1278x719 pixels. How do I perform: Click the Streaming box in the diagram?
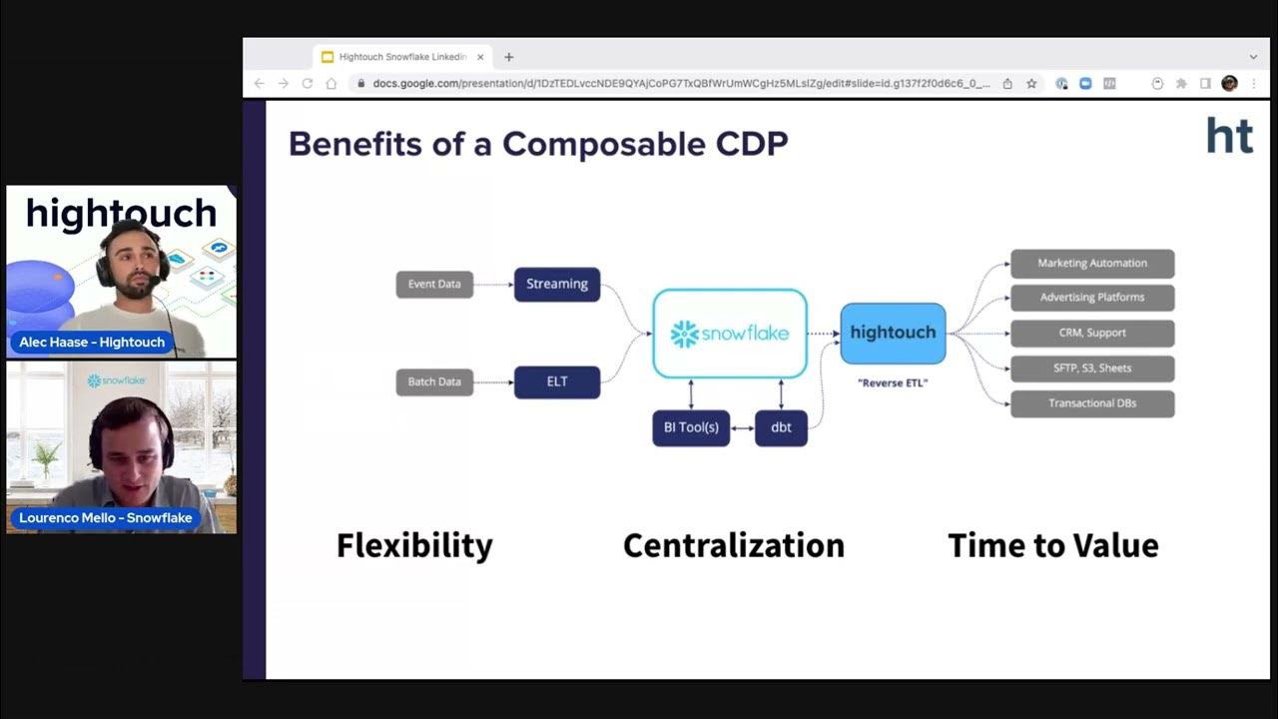point(556,285)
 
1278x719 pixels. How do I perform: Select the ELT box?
point(556,381)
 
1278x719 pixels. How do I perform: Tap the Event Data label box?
point(434,285)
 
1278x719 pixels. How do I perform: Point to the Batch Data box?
point(434,381)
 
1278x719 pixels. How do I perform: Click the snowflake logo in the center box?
point(730,334)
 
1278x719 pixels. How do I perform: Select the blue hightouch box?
point(893,334)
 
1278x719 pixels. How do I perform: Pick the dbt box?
point(781,427)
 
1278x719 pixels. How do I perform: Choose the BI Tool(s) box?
point(691,427)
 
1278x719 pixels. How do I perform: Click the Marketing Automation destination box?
point(1092,264)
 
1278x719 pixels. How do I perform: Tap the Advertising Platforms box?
point(1092,298)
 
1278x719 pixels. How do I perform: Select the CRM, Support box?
point(1092,333)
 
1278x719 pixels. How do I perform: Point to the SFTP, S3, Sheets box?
point(1092,368)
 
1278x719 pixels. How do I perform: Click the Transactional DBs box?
point(1092,403)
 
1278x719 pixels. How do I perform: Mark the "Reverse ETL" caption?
point(893,382)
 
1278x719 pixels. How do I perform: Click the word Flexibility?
point(414,545)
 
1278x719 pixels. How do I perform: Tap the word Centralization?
point(734,545)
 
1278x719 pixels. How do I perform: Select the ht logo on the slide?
point(1229,135)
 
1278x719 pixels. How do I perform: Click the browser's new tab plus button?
point(508,57)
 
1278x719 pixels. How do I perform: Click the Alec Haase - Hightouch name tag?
point(92,343)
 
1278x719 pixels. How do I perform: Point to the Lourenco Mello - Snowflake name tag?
point(105,518)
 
